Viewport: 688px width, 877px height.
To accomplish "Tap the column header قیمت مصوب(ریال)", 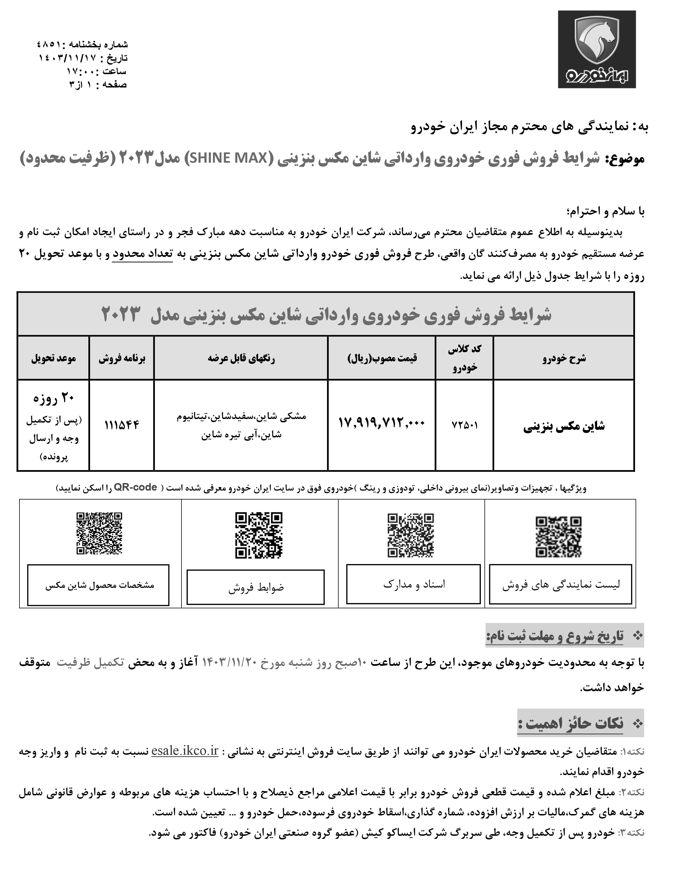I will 382,358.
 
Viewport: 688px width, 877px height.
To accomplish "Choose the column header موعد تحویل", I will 53,358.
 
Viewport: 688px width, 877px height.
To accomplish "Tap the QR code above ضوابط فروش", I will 259,535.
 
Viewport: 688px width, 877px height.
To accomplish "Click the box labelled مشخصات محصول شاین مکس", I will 98,585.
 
